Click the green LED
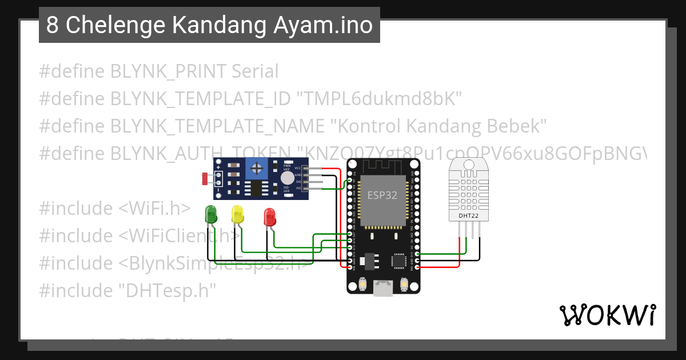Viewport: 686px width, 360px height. (x=211, y=214)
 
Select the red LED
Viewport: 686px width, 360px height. (x=269, y=217)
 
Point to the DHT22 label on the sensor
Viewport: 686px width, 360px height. (x=469, y=215)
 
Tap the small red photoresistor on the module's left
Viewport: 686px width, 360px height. (x=205, y=179)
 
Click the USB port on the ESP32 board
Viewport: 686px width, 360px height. (x=383, y=289)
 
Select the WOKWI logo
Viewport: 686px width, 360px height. (x=607, y=315)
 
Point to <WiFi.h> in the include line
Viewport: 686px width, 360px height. (x=154, y=209)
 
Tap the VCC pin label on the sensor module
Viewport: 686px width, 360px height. (x=298, y=168)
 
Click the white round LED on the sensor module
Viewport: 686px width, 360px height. (x=288, y=178)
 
